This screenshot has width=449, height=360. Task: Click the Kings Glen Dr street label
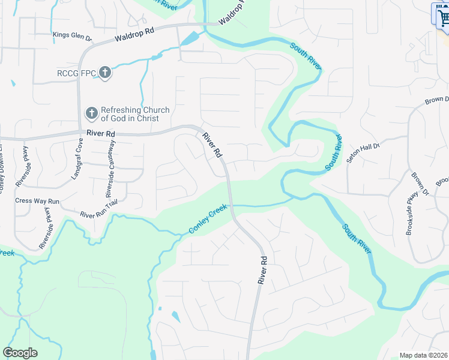(x=72, y=37)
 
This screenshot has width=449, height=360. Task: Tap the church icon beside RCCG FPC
(x=105, y=73)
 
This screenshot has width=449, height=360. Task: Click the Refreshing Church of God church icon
(x=91, y=113)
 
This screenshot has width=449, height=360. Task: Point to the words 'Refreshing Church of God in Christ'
(x=135, y=114)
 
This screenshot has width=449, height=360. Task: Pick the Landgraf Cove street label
(x=76, y=159)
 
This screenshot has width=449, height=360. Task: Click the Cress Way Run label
(x=37, y=200)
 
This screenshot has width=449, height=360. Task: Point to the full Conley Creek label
(x=208, y=220)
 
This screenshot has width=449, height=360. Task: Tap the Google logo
(x=20, y=353)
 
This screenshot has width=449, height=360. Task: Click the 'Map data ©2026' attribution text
(x=423, y=355)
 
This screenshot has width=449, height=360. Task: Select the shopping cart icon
(x=442, y=16)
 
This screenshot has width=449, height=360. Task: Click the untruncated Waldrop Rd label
(x=135, y=35)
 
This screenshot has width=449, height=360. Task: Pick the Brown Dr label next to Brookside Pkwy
(x=419, y=185)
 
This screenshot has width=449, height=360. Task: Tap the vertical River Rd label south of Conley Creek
(x=262, y=270)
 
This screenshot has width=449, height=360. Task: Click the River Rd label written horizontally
(x=100, y=133)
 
